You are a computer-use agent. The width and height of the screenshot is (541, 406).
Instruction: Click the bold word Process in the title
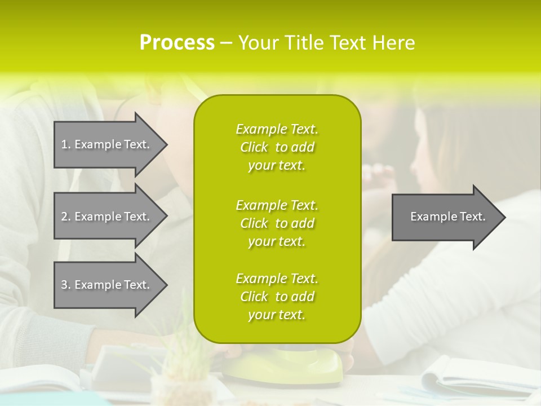(177, 43)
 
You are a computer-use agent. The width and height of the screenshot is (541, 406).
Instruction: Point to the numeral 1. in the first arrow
(66, 144)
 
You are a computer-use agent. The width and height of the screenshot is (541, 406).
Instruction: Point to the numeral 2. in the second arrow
(66, 217)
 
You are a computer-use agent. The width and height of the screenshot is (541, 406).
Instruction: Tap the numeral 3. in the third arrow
(66, 285)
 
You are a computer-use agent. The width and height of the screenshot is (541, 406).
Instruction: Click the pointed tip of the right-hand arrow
(503, 217)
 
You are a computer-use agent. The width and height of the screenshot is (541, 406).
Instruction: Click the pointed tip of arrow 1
(165, 144)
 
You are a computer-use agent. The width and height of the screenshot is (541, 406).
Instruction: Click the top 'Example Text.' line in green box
(277, 129)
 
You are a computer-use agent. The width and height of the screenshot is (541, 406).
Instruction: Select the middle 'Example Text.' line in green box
(277, 205)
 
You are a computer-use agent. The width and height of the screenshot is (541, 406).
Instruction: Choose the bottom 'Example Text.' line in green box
(277, 279)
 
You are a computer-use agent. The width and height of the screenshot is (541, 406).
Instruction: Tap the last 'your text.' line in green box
(277, 315)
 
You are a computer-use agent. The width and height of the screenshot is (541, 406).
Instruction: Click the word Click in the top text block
(254, 147)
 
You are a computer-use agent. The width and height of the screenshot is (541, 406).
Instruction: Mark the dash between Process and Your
(226, 43)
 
